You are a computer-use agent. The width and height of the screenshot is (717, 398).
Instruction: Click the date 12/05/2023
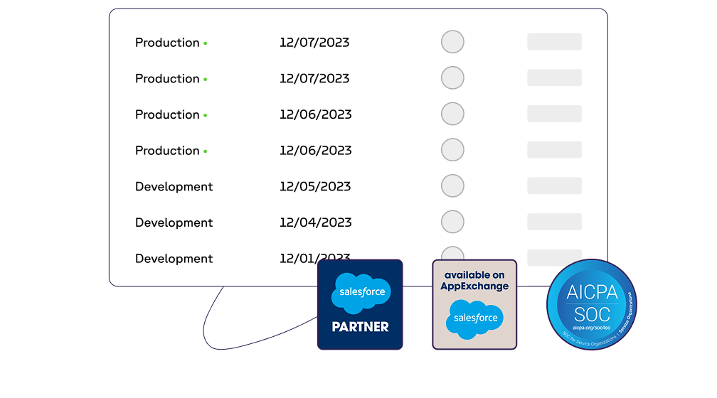pyautogui.click(x=315, y=186)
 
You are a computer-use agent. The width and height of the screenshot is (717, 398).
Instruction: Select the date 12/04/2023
pyautogui.click(x=315, y=222)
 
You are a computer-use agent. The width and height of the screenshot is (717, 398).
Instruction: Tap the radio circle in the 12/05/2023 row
pyautogui.click(x=452, y=186)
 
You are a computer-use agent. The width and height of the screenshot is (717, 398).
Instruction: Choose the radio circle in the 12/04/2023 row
pyautogui.click(x=452, y=222)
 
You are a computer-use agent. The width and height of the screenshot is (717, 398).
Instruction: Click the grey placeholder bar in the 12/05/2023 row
pyautogui.click(x=554, y=186)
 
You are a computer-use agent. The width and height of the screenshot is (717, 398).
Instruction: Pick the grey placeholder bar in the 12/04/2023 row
pyautogui.click(x=554, y=222)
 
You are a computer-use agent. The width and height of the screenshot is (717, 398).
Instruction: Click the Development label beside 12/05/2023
pyautogui.click(x=174, y=187)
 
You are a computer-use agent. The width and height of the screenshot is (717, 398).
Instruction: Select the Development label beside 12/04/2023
pyautogui.click(x=174, y=222)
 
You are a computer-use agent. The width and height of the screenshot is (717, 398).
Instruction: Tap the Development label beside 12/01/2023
pyautogui.click(x=174, y=259)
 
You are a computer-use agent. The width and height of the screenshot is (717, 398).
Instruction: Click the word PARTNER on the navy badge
pyautogui.click(x=360, y=327)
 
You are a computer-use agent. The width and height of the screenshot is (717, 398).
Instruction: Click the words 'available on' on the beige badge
pyautogui.click(x=474, y=275)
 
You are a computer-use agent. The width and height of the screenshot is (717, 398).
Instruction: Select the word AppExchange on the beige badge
pyautogui.click(x=474, y=286)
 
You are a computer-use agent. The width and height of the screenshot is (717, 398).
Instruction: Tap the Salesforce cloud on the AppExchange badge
pyautogui.click(x=474, y=318)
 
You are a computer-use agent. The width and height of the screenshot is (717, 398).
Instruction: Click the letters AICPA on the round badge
pyautogui.click(x=592, y=292)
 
